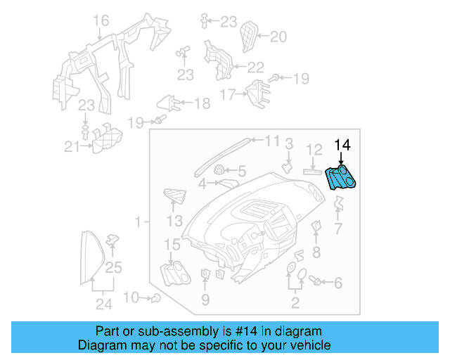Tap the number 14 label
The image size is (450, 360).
point(342,146)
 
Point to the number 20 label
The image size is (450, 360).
point(278,37)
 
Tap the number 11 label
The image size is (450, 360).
point(272,140)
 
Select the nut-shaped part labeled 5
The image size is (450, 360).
point(220,169)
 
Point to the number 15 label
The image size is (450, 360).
point(172,244)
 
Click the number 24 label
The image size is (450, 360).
point(104,304)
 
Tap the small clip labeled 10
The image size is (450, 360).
point(155,298)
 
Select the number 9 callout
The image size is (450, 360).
point(205,300)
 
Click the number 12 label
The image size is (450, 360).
point(314,149)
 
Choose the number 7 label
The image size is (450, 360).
point(337,229)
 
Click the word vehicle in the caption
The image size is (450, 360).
point(309,345)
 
